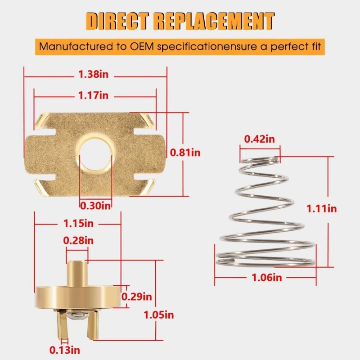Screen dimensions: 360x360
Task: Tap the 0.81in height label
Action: pyautogui.click(x=185, y=153)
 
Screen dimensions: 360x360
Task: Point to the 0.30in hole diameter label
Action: pyautogui.click(x=95, y=206)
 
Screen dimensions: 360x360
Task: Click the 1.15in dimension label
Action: pyautogui.click(x=79, y=223)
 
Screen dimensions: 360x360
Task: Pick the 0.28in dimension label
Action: pyautogui.click(x=79, y=241)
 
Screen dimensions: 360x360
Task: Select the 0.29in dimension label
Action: pyautogui.click(x=137, y=297)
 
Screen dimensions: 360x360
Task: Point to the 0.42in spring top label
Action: pyautogui.click(x=259, y=139)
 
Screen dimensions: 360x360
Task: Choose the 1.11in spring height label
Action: pyautogui.click(x=321, y=208)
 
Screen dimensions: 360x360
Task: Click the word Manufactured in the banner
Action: pyautogui.click(x=69, y=46)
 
